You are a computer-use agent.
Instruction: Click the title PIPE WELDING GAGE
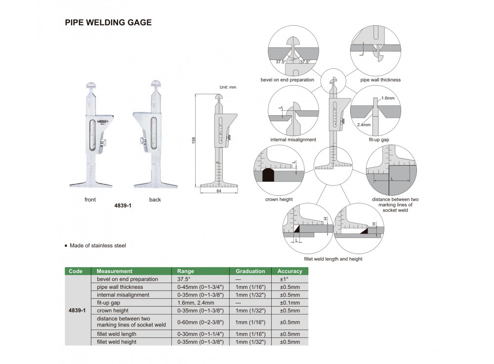pyautogui.click(x=108, y=22)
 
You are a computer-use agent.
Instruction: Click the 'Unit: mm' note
pyautogui.click(x=228, y=87)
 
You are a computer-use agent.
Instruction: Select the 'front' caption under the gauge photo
pyautogui.click(x=90, y=200)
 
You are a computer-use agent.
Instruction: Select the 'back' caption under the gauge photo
pyautogui.click(x=155, y=200)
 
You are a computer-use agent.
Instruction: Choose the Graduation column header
pyautogui.click(x=250, y=271)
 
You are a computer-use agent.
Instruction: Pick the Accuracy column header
pyautogui.click(x=289, y=271)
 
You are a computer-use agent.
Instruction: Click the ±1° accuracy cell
pyautogui.click(x=289, y=279)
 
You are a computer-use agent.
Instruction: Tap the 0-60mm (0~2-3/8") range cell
pyautogui.click(x=201, y=322)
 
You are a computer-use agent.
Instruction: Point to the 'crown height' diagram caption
pyautogui.click(x=279, y=199)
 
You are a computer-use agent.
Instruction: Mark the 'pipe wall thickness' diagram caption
pyautogui.click(x=380, y=80)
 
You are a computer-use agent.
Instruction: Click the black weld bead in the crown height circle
pyautogui.click(x=268, y=174)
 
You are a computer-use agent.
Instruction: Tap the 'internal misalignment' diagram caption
pyautogui.click(x=293, y=140)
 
